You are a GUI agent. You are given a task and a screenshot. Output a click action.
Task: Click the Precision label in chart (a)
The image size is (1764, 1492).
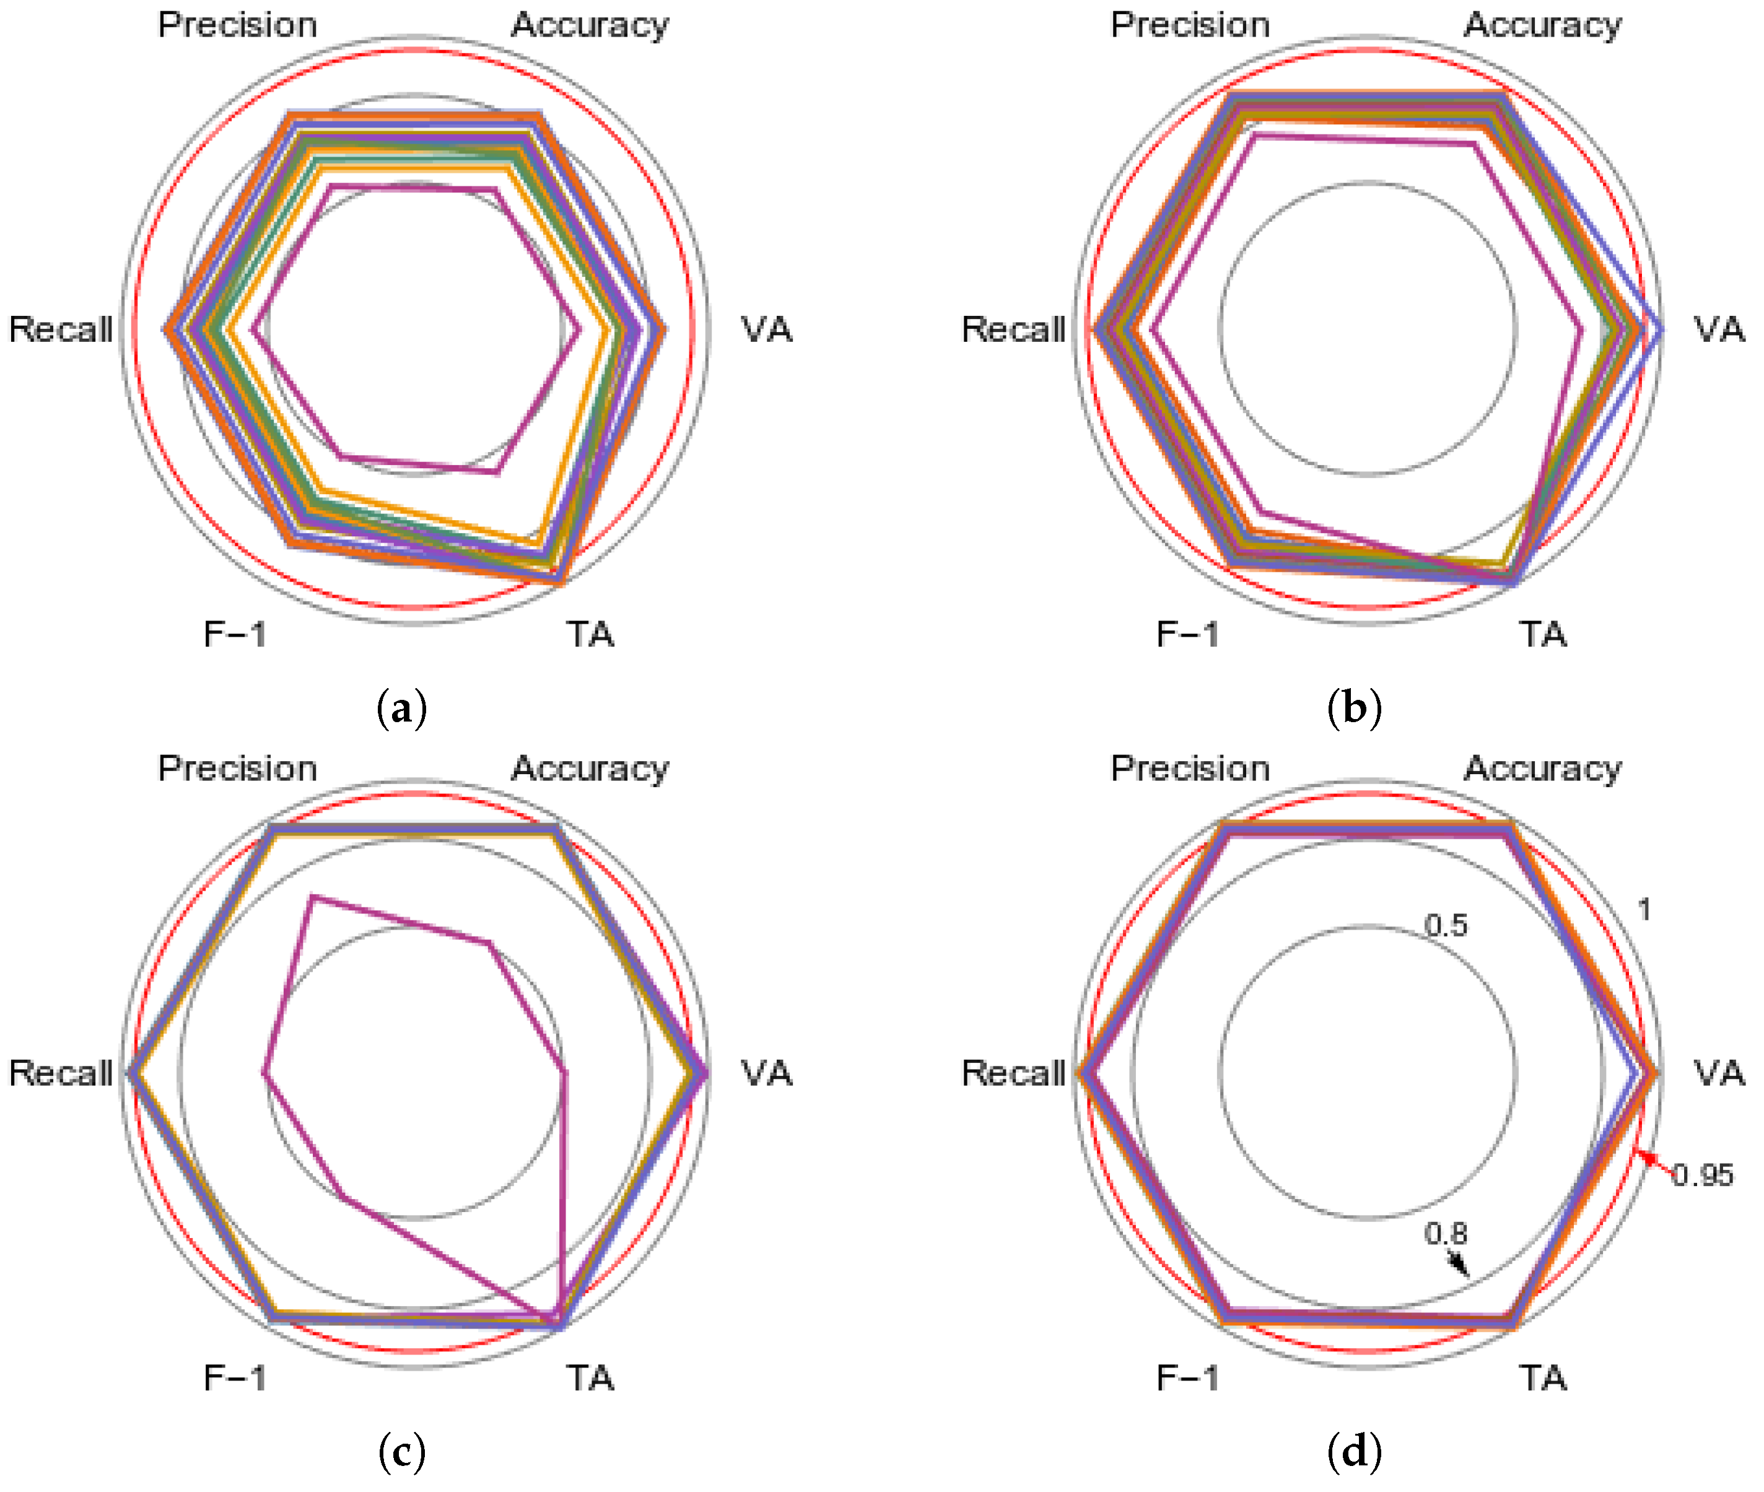[238, 25]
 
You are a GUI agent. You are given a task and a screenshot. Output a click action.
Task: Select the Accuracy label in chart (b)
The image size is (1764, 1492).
[1542, 25]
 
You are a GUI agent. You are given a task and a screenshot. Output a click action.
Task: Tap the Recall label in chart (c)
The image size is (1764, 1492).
[61, 1073]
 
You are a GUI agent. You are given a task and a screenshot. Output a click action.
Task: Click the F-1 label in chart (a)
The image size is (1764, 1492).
[235, 634]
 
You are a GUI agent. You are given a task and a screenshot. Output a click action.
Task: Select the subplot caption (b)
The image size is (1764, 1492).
[1354, 708]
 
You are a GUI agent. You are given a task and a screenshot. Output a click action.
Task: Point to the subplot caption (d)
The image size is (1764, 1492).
[1354, 1451]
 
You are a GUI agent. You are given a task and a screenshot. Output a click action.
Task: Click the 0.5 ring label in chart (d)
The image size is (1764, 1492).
[1445, 925]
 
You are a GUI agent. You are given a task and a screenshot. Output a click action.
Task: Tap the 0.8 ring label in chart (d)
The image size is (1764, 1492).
[1445, 1233]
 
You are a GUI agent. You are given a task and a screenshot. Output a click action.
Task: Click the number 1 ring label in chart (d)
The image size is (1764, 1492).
[1644, 910]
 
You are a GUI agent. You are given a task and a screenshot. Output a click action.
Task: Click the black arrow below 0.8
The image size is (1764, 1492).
[1458, 1263]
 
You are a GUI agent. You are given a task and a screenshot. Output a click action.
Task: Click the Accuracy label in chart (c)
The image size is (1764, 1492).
[590, 769]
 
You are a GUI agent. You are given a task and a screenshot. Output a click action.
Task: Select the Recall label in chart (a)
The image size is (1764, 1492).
[61, 329]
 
